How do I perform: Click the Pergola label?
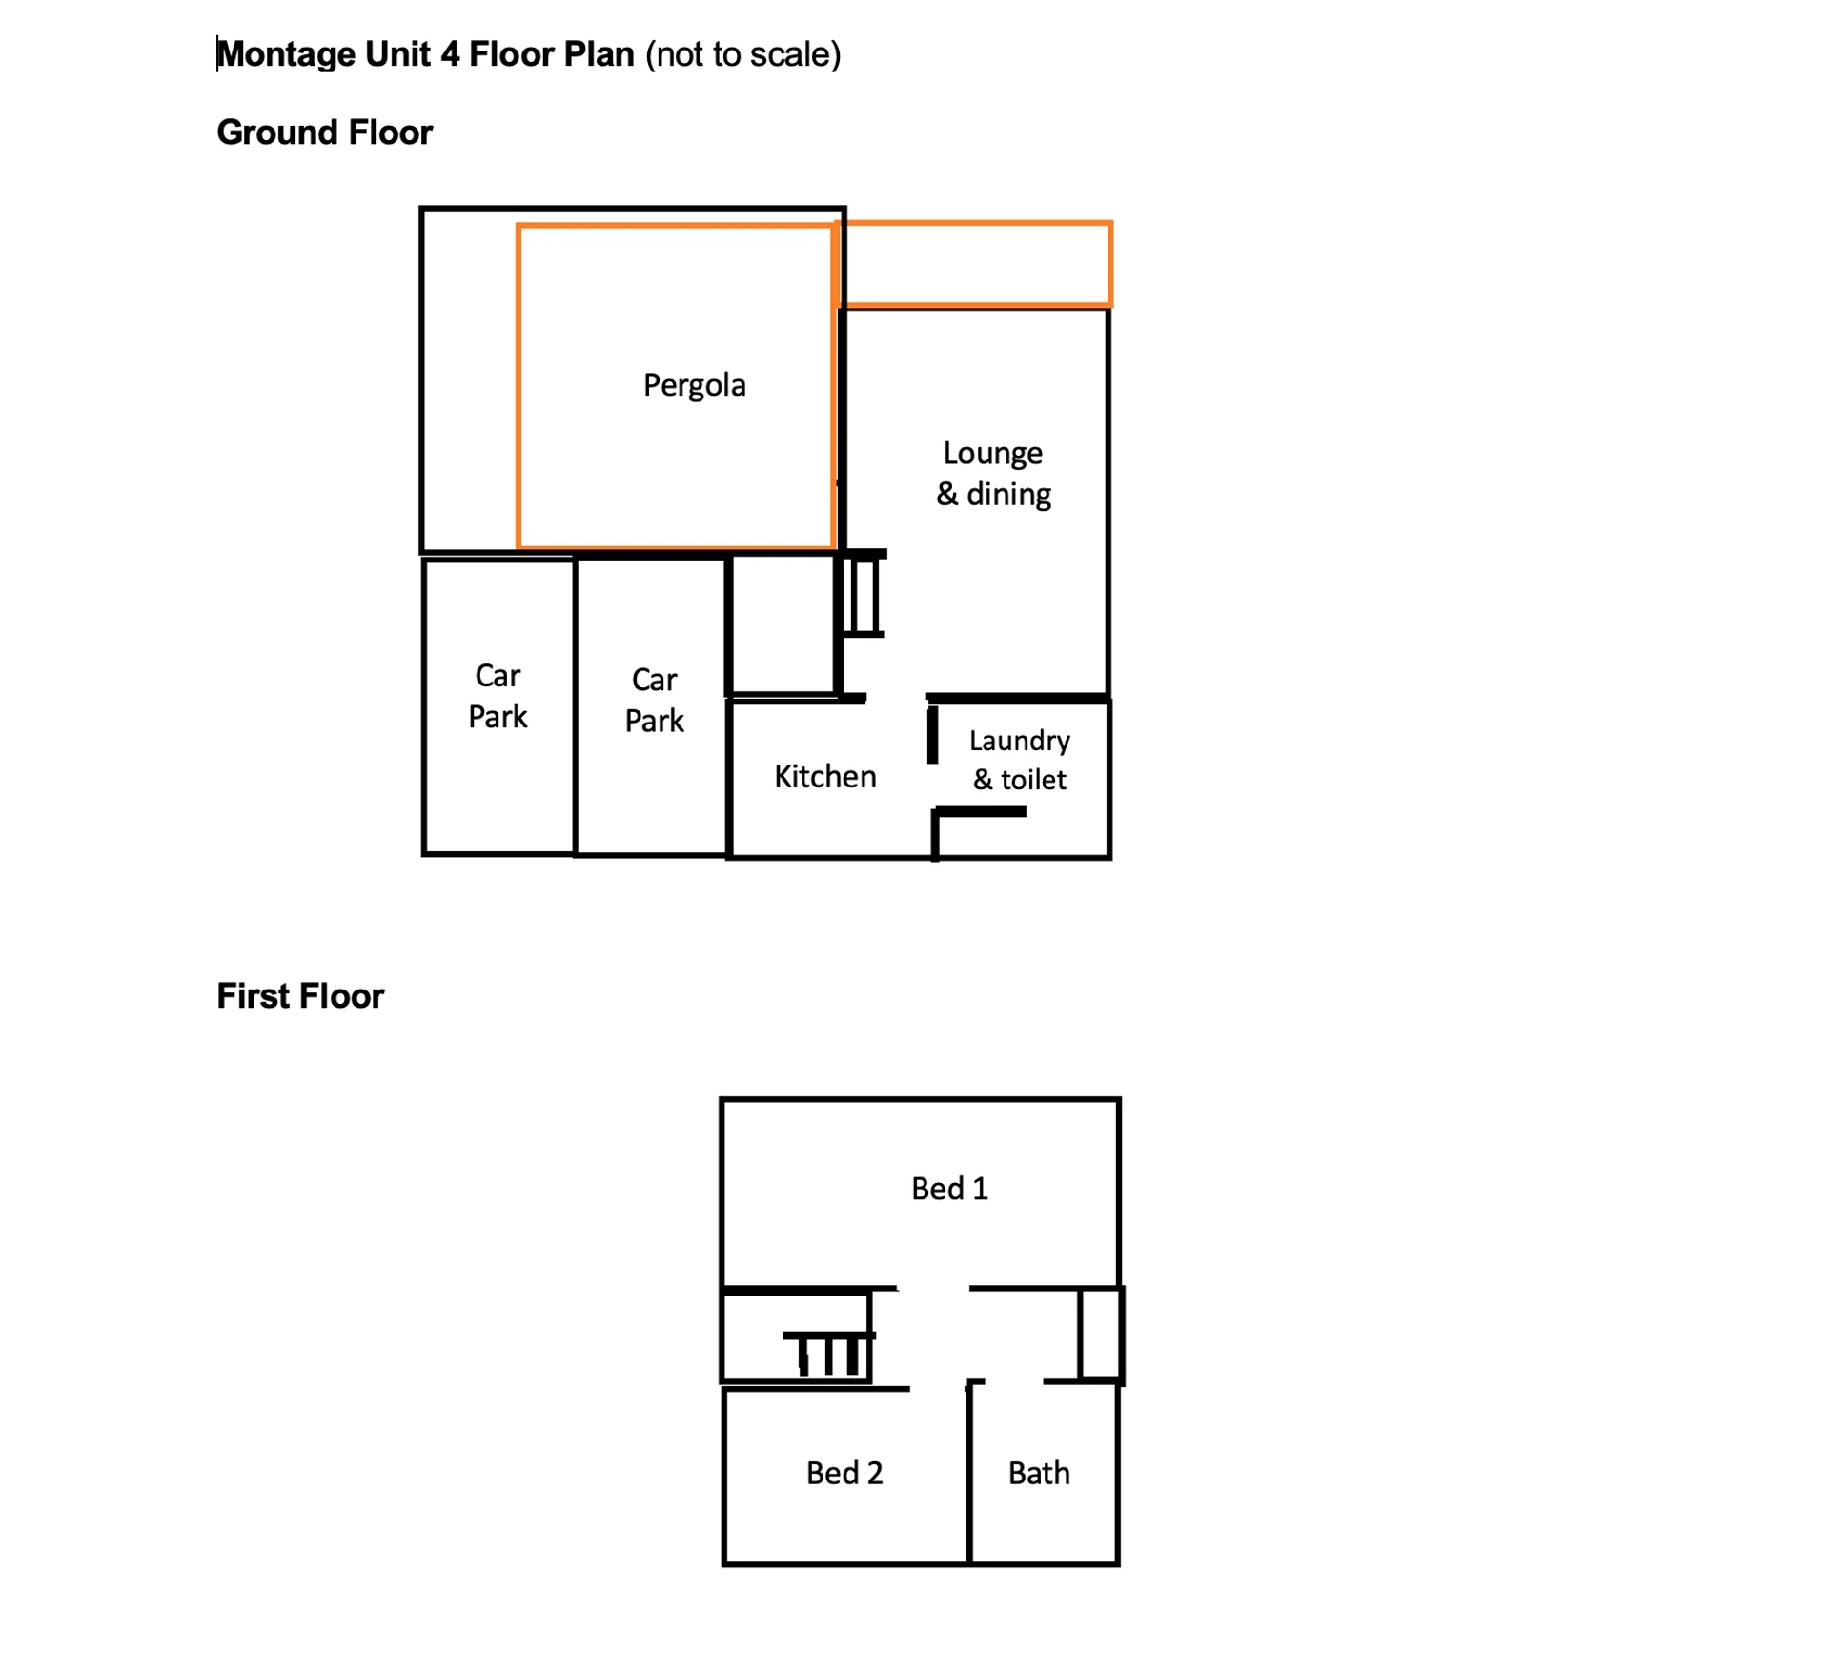pyautogui.click(x=694, y=386)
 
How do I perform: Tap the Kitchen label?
pyautogui.click(x=824, y=777)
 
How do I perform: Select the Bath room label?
pyautogui.click(x=1039, y=1474)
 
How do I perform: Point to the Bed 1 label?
pyautogui.click(x=949, y=1189)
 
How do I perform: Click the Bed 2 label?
pyautogui.click(x=844, y=1474)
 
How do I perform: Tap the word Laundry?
pyautogui.click(x=1019, y=742)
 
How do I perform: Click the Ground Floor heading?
pyautogui.click(x=324, y=133)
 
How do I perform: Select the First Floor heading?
pyautogui.click(x=300, y=996)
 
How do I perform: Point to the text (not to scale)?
pyautogui.click(x=743, y=55)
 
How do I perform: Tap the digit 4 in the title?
pyautogui.click(x=450, y=54)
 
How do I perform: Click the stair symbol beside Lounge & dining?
pyautogui.click(x=862, y=593)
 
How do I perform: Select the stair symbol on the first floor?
pyautogui.click(x=828, y=1353)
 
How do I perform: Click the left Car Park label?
pyautogui.click(x=498, y=697)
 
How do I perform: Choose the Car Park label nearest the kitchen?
pyautogui.click(x=654, y=701)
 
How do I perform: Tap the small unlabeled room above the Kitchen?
pyautogui.click(x=783, y=625)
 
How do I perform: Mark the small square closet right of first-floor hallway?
pyautogui.click(x=1101, y=1335)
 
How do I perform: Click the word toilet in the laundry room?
pyautogui.click(x=1033, y=780)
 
